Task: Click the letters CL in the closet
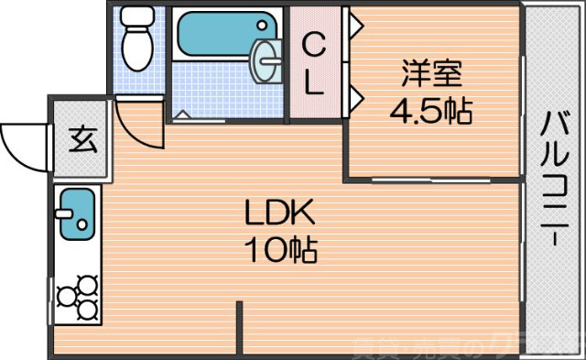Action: (x=314, y=62)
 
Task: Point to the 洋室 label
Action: (x=430, y=71)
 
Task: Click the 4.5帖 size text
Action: (x=430, y=112)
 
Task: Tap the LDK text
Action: (x=279, y=213)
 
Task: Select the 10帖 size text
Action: (x=279, y=247)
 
